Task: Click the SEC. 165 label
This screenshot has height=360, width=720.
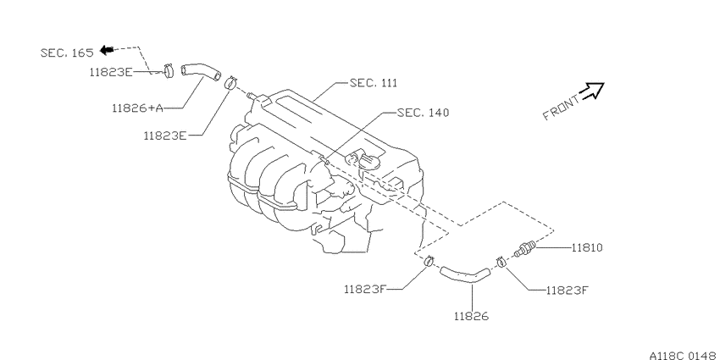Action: point(67,53)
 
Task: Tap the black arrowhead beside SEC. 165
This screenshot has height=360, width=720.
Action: point(107,49)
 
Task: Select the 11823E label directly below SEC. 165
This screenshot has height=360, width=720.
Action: point(112,72)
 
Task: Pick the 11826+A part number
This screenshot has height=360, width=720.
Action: point(137,108)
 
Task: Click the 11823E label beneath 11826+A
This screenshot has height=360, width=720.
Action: point(165,136)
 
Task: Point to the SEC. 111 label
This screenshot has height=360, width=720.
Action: point(374,83)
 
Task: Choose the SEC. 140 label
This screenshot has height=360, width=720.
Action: point(423,113)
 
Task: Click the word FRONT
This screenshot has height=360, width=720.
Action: point(561,108)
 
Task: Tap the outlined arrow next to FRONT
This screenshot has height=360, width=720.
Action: point(592,91)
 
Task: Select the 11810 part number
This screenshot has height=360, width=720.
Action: point(587,248)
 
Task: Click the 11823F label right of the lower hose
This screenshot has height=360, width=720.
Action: point(567,291)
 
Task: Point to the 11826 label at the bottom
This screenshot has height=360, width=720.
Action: point(471,316)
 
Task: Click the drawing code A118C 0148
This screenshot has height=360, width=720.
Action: point(684,356)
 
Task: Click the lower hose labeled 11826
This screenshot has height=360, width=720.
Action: point(465,274)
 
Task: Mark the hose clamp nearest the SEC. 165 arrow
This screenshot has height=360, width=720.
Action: point(169,70)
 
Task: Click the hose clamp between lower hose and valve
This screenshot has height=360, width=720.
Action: point(501,263)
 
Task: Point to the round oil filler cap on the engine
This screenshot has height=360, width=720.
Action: point(368,162)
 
